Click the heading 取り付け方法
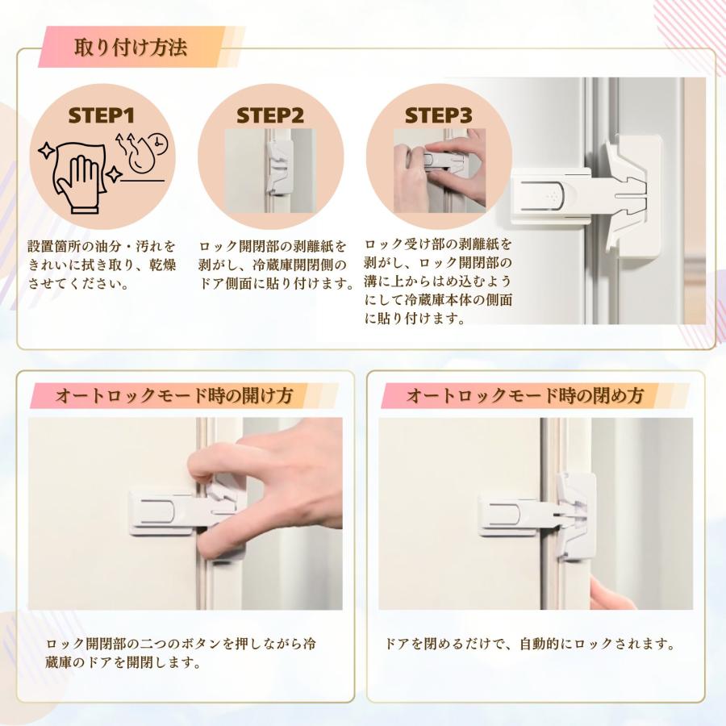pos(131,48)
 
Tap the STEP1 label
pos(101,115)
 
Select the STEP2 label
pos(270,115)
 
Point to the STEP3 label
pos(438,115)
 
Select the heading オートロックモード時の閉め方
pos(524,396)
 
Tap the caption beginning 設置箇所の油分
pos(101,265)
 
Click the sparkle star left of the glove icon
pos(47,149)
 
